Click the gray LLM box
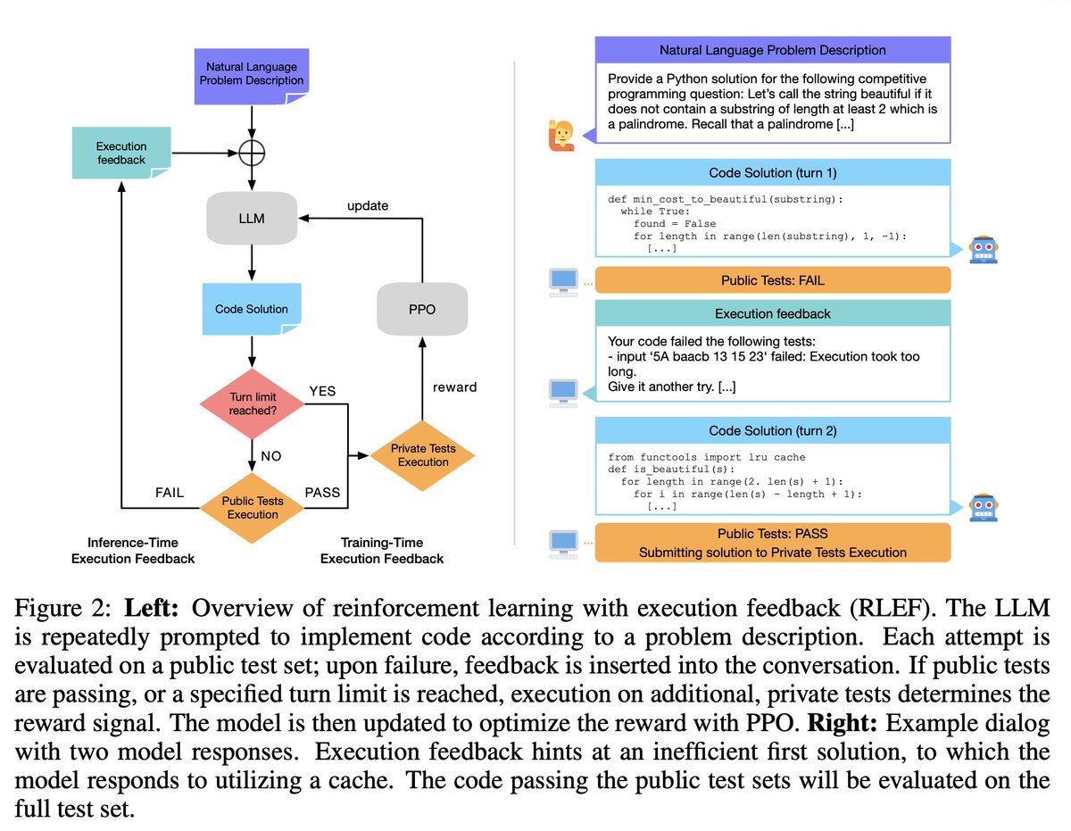[x=252, y=218]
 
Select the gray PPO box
[x=422, y=309]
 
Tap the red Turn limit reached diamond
[x=252, y=403]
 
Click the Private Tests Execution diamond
[x=422, y=455]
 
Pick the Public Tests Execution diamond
[x=252, y=508]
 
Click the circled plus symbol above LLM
[x=252, y=153]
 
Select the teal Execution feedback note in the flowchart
[x=121, y=153]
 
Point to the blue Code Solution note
[x=252, y=309]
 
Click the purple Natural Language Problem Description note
[x=252, y=76]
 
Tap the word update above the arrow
[x=368, y=205]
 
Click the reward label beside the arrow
[x=454, y=387]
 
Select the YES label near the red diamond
[x=322, y=391]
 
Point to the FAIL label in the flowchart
[x=170, y=493]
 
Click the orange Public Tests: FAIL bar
[x=772, y=280]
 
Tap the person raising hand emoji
[x=561, y=135]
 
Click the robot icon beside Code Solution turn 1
[x=983, y=249]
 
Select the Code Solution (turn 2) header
[x=772, y=430]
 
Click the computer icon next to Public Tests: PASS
[x=563, y=544]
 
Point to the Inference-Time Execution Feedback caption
[x=133, y=551]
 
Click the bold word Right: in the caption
[x=843, y=723]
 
